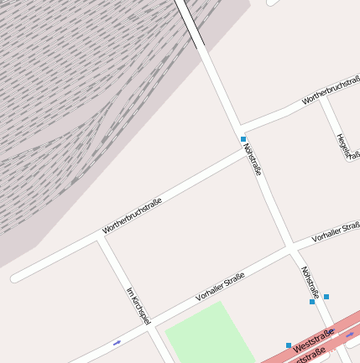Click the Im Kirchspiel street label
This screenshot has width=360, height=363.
(138, 306)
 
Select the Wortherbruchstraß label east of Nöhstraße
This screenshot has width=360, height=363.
(331, 91)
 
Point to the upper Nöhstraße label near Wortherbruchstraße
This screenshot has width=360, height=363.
(253, 158)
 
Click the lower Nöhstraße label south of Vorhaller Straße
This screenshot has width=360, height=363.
(310, 283)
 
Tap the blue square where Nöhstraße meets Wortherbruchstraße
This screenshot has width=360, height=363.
(243, 139)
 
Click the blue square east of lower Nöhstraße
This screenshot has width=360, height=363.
(326, 297)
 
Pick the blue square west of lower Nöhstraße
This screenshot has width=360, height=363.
(312, 302)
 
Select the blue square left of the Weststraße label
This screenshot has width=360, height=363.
(289, 345)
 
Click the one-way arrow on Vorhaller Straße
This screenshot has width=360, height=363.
(117, 342)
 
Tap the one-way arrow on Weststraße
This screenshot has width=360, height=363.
(350, 334)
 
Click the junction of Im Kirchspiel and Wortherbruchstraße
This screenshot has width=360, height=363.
(100, 238)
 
